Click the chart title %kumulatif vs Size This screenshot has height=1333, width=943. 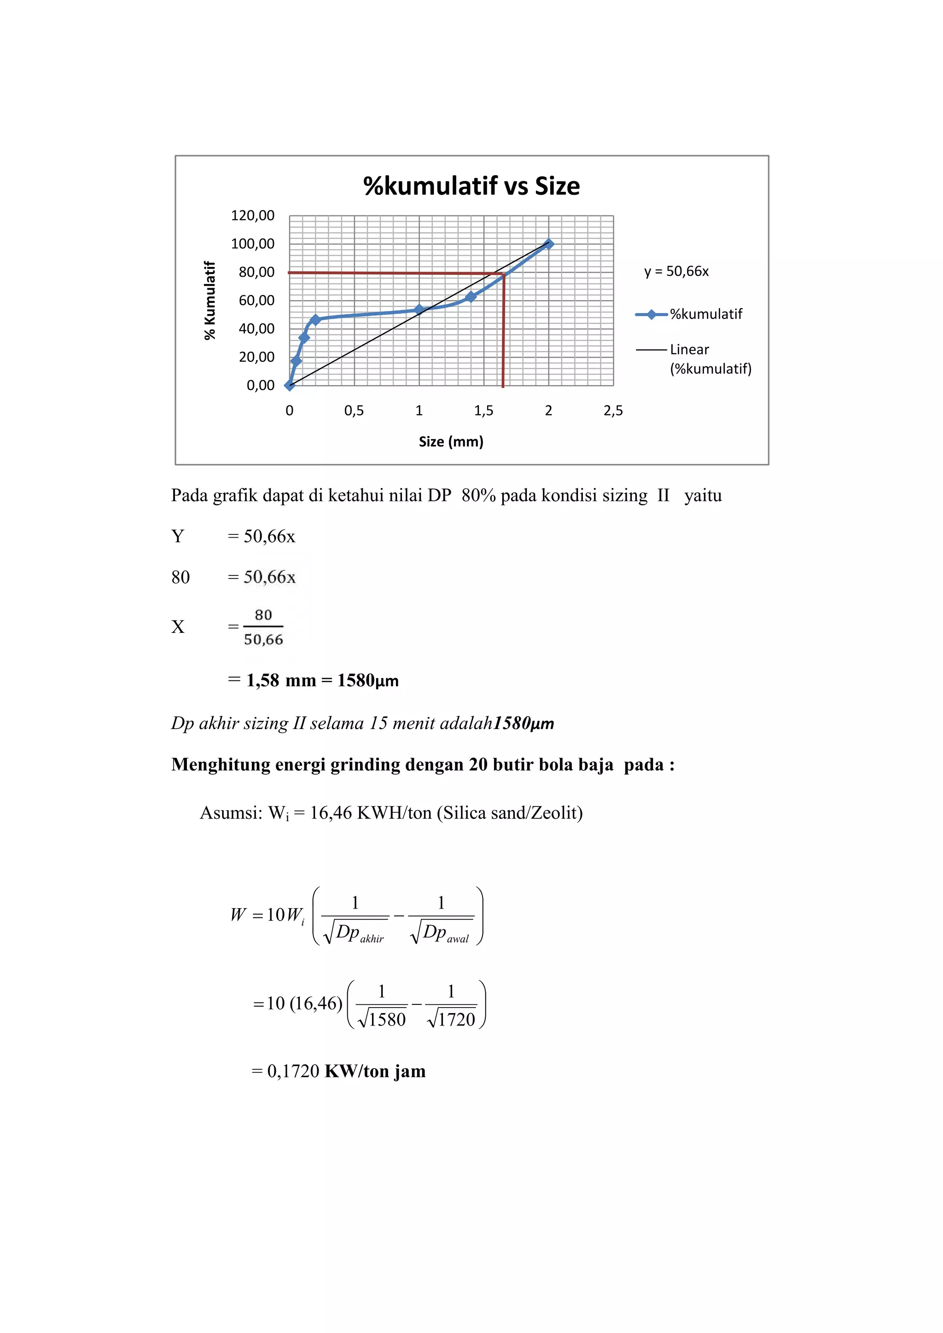pos(471,186)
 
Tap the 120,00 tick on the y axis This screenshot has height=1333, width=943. pos(253,215)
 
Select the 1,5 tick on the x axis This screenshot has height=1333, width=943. pos(483,411)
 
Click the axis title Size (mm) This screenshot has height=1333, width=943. pos(451,441)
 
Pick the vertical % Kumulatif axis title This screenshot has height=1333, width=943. pos(210,300)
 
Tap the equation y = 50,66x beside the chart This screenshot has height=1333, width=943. pos(676,271)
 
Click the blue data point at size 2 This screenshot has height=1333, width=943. pos(548,244)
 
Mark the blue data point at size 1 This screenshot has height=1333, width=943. pos(419,309)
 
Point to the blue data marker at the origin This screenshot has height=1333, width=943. pos(289,385)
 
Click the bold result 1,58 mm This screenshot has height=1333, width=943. pos(281,680)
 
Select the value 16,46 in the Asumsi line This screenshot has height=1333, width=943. pos(331,812)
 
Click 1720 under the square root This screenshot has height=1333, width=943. pos(456,1019)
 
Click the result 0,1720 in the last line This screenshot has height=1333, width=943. pos(293,1071)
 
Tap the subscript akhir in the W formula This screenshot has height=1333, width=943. pos(372,939)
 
